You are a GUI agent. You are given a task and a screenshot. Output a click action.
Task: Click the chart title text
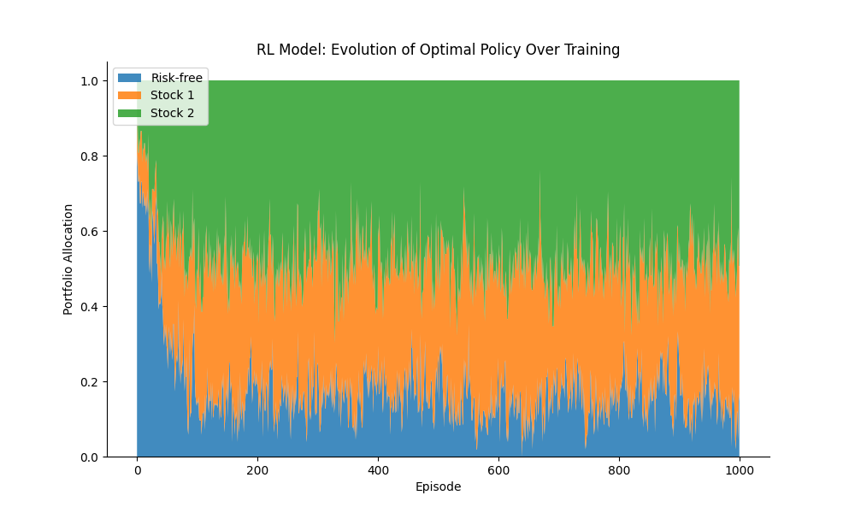[x=438, y=50]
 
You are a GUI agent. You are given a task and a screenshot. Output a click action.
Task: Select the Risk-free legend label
[x=177, y=78]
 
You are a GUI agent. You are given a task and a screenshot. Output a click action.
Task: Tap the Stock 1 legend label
[x=172, y=95]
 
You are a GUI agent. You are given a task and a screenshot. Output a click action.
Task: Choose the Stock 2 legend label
[x=172, y=113]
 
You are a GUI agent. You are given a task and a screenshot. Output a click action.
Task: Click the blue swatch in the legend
[x=129, y=78]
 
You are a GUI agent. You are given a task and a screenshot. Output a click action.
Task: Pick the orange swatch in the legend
[x=129, y=95]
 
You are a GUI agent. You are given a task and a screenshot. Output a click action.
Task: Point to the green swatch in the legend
[x=129, y=113]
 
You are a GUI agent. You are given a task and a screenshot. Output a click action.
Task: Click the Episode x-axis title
[x=438, y=486]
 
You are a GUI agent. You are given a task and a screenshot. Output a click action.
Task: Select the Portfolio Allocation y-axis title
[x=68, y=259]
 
